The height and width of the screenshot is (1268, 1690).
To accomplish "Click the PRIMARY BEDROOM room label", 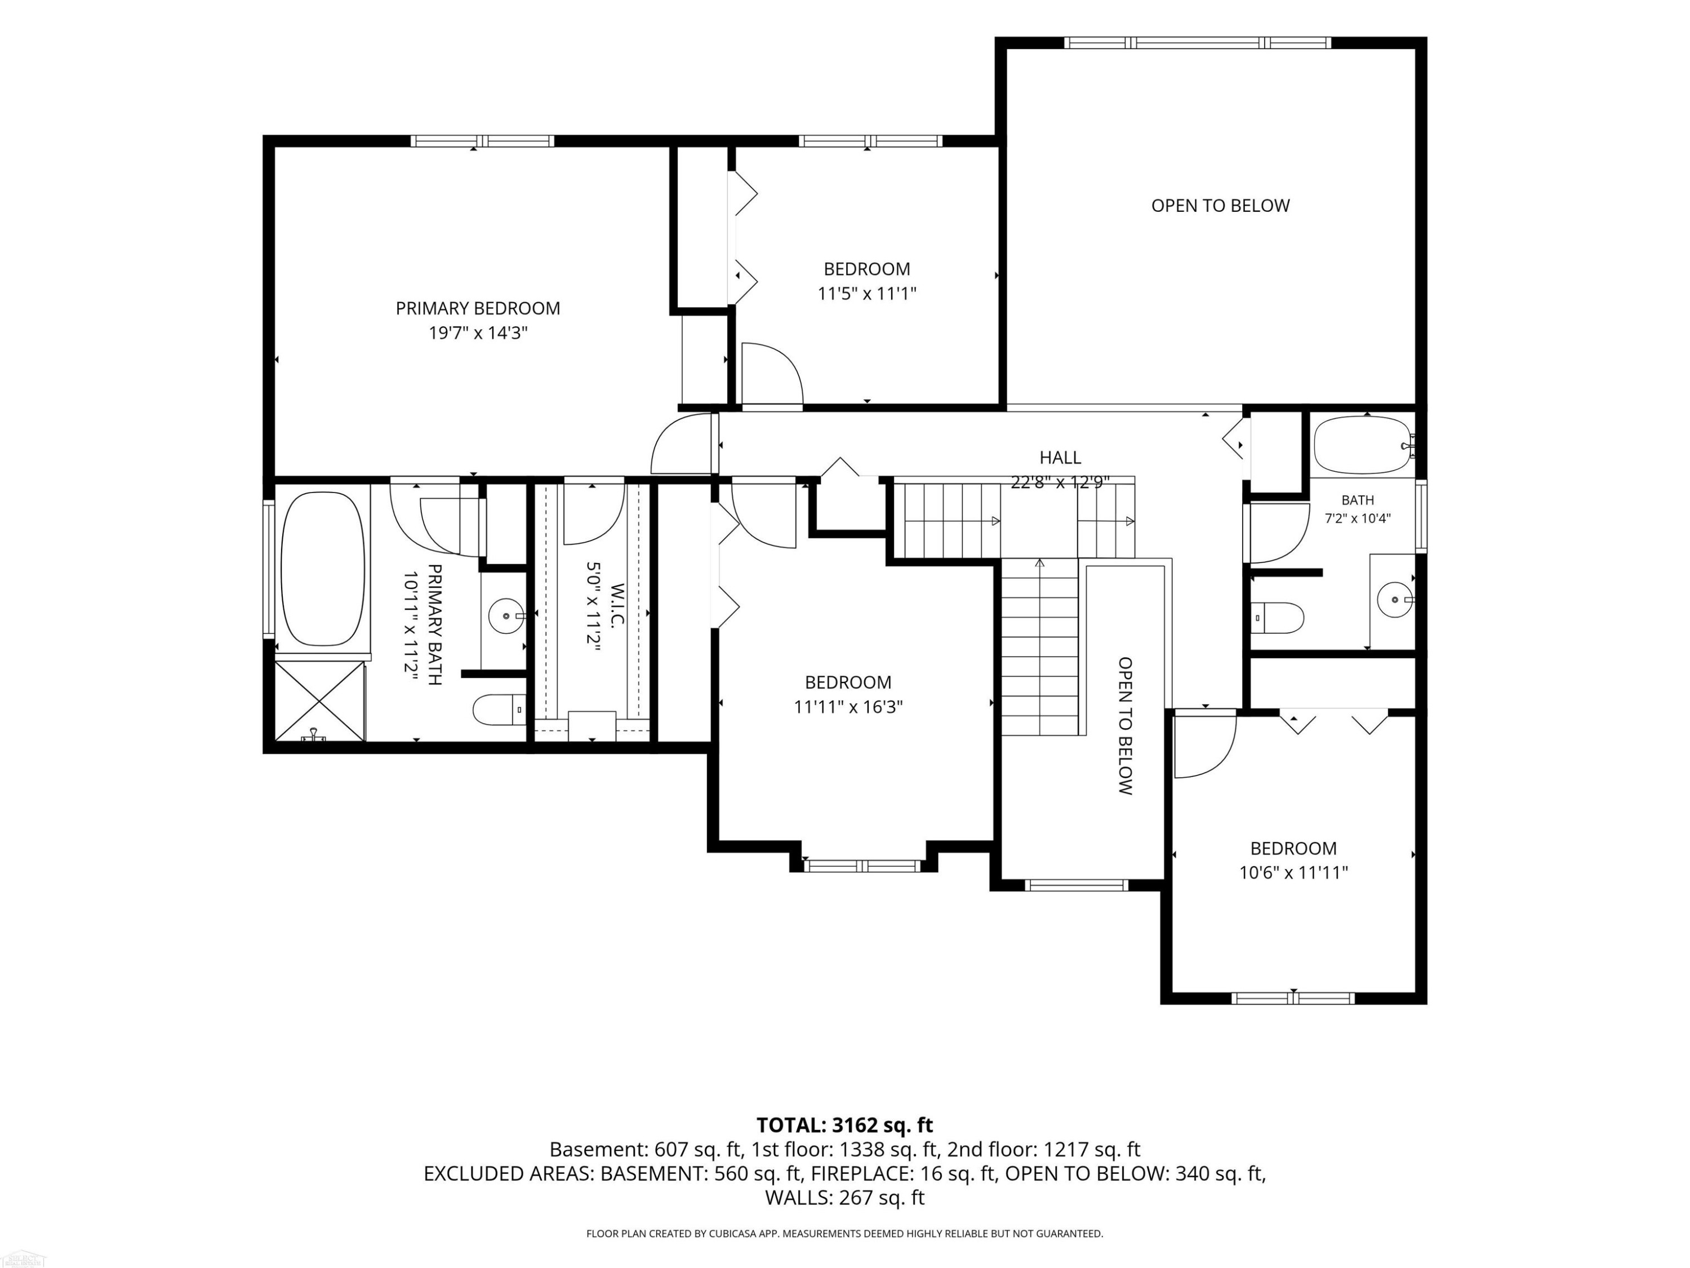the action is (478, 308).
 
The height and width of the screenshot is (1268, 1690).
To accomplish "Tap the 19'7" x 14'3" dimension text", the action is (478, 333).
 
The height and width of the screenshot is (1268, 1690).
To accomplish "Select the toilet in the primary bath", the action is (500, 710).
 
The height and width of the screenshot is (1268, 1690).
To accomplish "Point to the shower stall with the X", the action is (319, 702).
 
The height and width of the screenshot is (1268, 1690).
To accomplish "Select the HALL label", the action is (1060, 457).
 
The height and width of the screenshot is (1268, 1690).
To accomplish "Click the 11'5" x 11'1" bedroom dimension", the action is (867, 294).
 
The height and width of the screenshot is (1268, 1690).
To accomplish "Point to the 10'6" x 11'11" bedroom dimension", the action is (1293, 872).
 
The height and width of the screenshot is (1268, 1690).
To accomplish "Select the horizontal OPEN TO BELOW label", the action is (1220, 206).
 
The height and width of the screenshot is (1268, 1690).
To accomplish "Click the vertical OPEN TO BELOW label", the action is (1124, 725).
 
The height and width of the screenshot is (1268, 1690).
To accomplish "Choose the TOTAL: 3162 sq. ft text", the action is (844, 1125).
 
